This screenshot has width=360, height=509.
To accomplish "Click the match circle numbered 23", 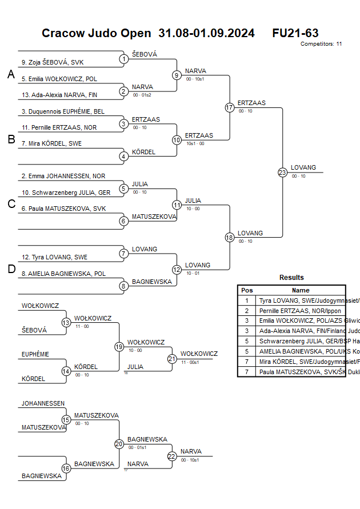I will pos(282,172).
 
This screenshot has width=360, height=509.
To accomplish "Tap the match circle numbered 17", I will pos(230,107).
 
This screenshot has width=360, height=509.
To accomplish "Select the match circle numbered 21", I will pos(172,359).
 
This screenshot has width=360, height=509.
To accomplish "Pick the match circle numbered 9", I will pos(177,75).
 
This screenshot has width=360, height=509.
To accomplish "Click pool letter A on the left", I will pos(11,74).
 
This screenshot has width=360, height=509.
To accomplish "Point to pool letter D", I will pos(11,269).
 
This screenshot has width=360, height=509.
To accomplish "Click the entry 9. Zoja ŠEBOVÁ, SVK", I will pos(53,63).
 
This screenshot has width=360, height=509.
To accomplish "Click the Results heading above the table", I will pos(291,278).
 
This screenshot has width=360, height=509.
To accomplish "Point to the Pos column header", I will pos(247,290).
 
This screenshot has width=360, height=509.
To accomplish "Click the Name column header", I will pos(301,290).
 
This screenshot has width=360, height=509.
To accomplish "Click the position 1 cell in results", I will pos(247,300).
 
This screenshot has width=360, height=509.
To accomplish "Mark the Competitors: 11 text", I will pos(321,44).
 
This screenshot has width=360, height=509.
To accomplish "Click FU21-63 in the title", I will pos(295,33).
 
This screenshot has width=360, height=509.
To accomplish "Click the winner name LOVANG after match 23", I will pos(303,167).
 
